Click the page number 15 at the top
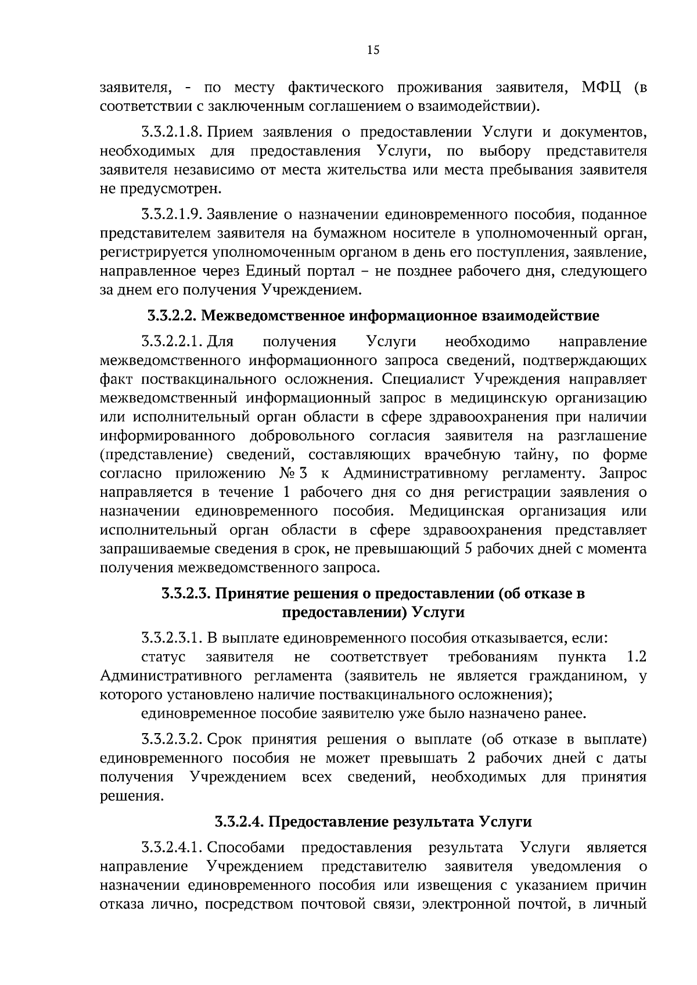click(x=373, y=50)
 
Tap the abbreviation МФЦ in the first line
click(x=601, y=88)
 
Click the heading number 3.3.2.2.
click(x=173, y=316)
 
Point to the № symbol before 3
click(x=289, y=473)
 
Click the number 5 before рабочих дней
click(x=468, y=549)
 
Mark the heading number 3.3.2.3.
click(x=188, y=594)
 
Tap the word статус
click(x=163, y=657)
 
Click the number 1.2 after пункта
click(x=637, y=657)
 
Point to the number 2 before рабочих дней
click(x=471, y=759)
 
